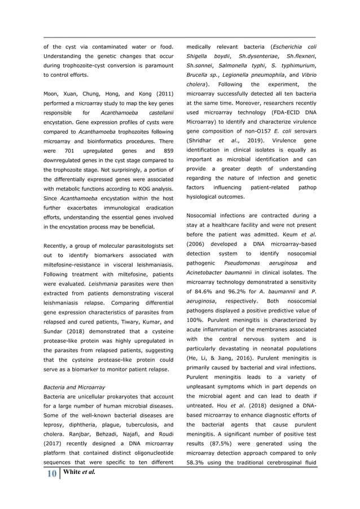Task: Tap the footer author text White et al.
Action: pos(79,472)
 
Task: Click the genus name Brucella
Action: pos(200,74)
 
